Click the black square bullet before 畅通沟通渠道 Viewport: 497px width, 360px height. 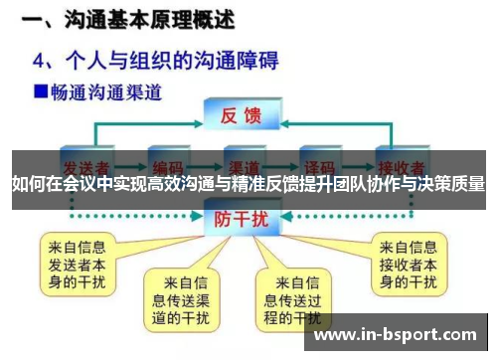41,92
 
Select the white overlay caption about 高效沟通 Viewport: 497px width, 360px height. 248,185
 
